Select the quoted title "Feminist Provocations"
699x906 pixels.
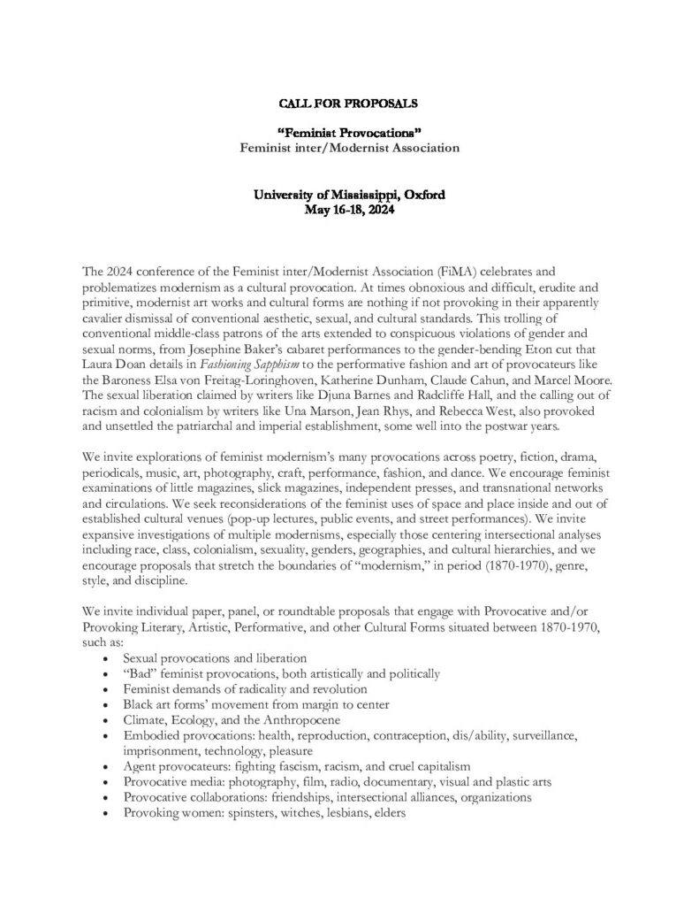[349, 132]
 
